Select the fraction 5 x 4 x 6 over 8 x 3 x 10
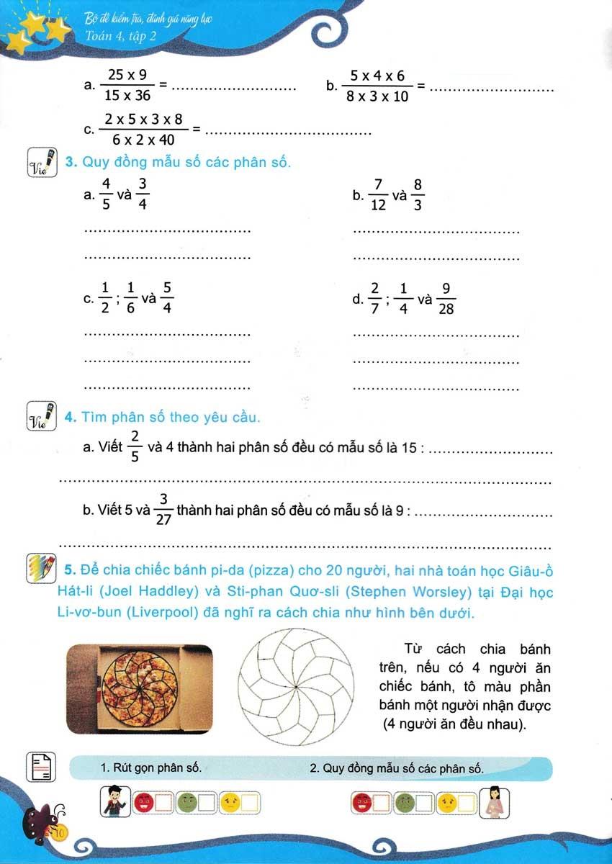point(377,86)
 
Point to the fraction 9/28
point(446,297)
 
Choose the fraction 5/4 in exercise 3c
point(167,297)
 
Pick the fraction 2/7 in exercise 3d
point(374,297)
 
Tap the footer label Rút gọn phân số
point(152,769)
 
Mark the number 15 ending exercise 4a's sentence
point(409,449)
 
